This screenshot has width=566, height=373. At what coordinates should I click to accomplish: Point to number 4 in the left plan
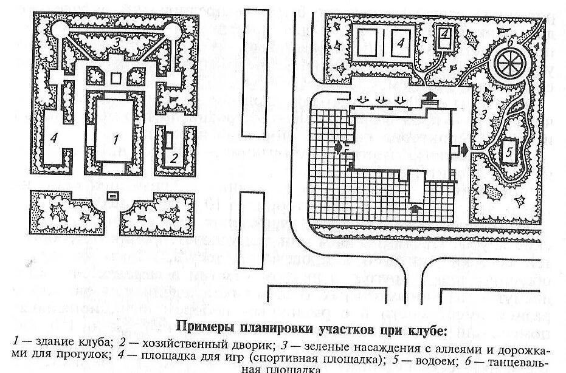pyautogui.click(x=54, y=138)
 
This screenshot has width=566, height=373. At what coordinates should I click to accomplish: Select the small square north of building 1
pyautogui.click(x=115, y=78)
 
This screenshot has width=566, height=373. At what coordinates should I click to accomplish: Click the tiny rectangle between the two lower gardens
pyautogui.click(x=112, y=196)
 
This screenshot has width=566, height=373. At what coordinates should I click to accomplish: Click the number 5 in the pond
pyautogui.click(x=508, y=152)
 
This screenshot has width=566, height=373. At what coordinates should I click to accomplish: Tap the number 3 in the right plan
pyautogui.click(x=484, y=114)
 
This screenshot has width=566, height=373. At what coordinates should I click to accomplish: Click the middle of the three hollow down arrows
pyautogui.click(x=382, y=99)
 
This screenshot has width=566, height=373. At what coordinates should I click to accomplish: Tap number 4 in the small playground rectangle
pyautogui.click(x=446, y=33)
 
